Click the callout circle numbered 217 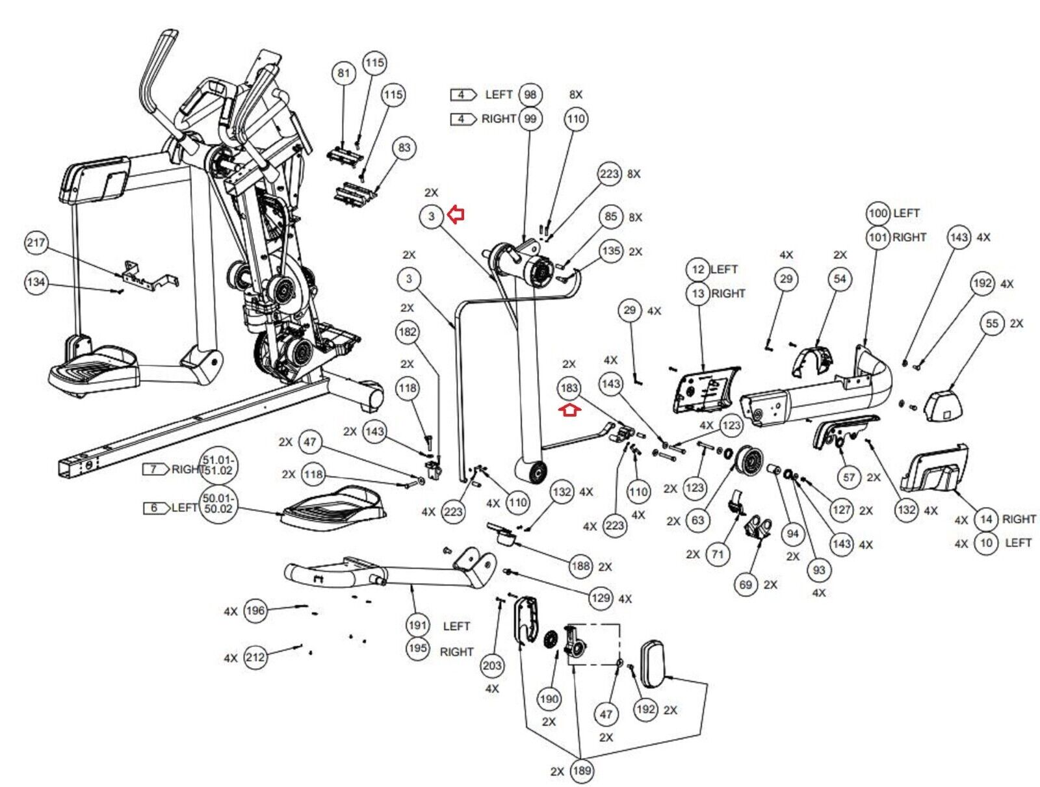[x=36, y=243]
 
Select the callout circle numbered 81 [x=344, y=73]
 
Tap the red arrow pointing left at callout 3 [x=457, y=214]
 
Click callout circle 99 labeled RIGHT [x=530, y=119]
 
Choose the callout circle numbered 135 [x=611, y=251]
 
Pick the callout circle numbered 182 [x=408, y=332]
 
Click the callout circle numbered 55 [x=992, y=324]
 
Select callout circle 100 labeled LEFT [x=878, y=213]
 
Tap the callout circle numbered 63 [x=697, y=520]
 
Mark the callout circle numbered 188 [x=580, y=566]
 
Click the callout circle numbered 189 [x=581, y=771]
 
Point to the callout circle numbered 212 [x=255, y=658]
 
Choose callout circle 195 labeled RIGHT [x=418, y=649]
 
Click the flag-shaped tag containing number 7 [x=154, y=469]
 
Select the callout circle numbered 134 [x=36, y=282]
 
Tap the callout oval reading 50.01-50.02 [x=218, y=504]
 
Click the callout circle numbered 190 [x=549, y=699]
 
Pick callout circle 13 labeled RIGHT [x=698, y=293]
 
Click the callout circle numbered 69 [x=746, y=584]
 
